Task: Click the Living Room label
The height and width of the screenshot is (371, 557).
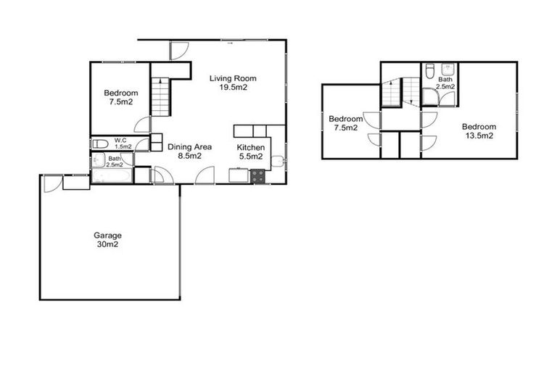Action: (x=233, y=78)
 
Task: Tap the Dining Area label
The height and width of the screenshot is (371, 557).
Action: (x=189, y=146)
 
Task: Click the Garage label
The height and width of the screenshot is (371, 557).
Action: (x=107, y=235)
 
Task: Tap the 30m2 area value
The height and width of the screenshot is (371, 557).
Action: (x=107, y=245)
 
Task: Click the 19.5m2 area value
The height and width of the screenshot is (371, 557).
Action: (x=234, y=87)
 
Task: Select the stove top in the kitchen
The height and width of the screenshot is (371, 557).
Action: (x=258, y=176)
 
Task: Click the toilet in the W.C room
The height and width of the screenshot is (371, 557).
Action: (x=99, y=143)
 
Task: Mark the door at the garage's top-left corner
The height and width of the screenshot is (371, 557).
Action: (x=51, y=183)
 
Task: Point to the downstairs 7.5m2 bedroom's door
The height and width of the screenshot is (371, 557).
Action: (x=144, y=125)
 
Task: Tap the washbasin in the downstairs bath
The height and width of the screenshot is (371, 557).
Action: (x=128, y=159)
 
